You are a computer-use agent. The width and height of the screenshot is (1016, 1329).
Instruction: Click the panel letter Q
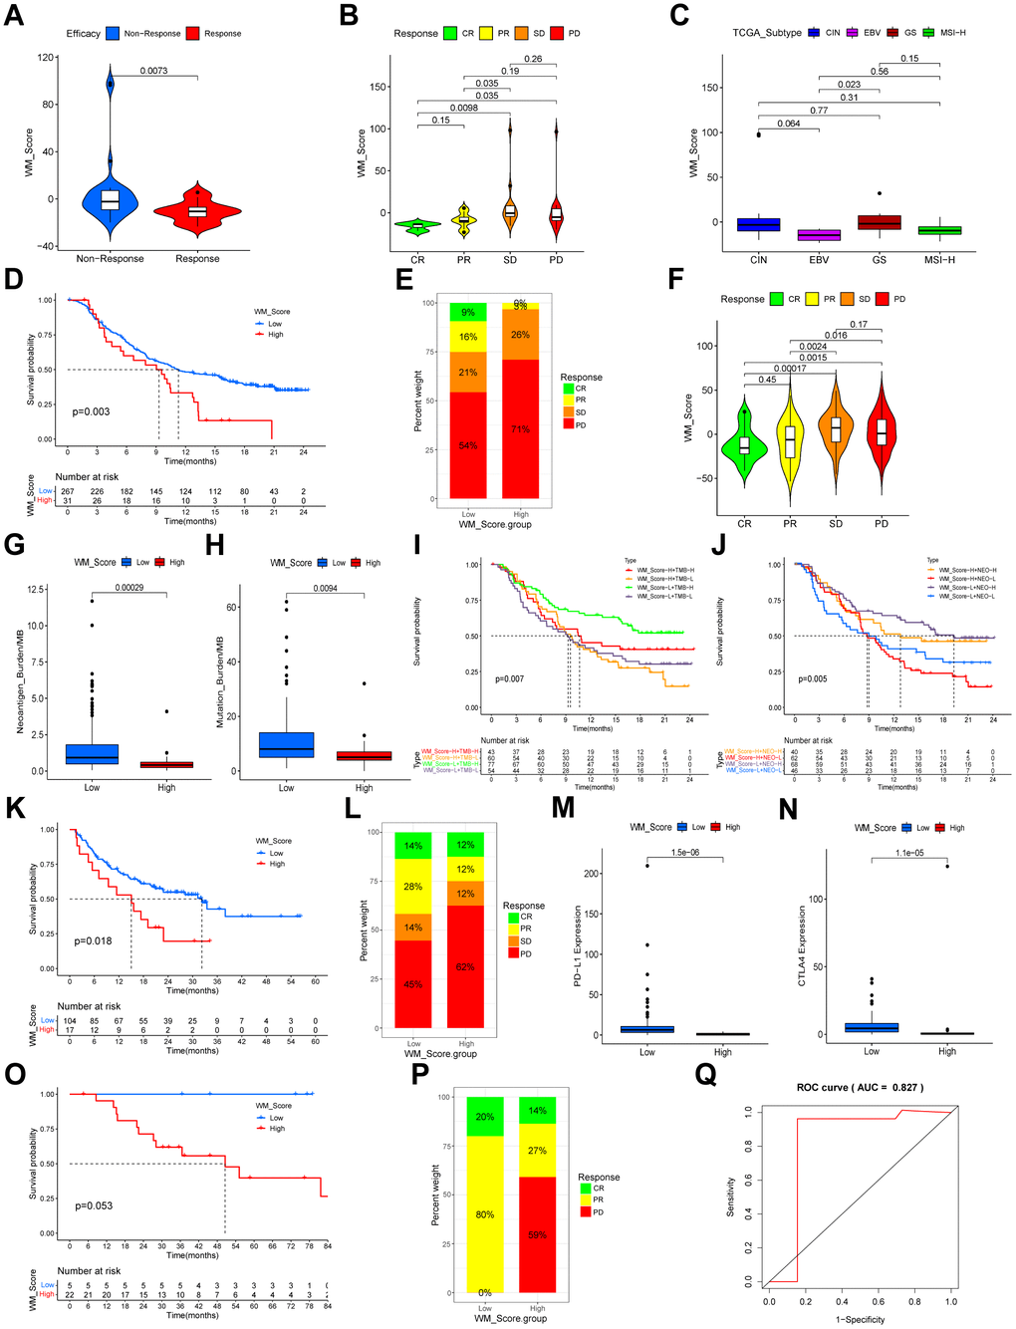[x=705, y=1073]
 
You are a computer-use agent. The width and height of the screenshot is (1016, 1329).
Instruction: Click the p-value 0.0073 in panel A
[x=153, y=71]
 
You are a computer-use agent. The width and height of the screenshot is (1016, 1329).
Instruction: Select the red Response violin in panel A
[x=197, y=210]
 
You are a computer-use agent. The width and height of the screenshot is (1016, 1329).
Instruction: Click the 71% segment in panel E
[x=521, y=428]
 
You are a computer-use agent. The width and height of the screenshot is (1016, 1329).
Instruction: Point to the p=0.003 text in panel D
[x=92, y=411]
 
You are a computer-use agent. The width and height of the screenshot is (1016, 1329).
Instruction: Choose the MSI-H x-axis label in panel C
[x=939, y=260]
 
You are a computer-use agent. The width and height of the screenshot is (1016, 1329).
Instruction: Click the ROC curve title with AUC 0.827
[x=860, y=1087]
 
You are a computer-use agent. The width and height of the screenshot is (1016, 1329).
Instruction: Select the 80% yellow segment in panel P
[x=485, y=1214]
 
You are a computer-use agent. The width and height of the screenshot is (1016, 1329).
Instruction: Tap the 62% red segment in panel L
[x=466, y=966]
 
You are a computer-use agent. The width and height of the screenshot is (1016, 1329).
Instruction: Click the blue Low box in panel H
[x=286, y=744]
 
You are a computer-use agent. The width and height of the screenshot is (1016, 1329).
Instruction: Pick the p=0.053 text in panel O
[x=94, y=1205]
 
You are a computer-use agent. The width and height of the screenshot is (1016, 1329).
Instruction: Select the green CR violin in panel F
[x=744, y=444]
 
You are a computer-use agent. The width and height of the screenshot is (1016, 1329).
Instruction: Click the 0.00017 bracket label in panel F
[x=790, y=369]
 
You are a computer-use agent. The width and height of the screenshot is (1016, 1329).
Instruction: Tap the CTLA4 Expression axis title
[x=803, y=945]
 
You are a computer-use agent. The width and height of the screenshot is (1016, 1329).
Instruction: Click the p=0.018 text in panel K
[x=93, y=940]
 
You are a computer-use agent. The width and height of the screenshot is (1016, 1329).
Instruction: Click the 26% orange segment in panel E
[x=521, y=335]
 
